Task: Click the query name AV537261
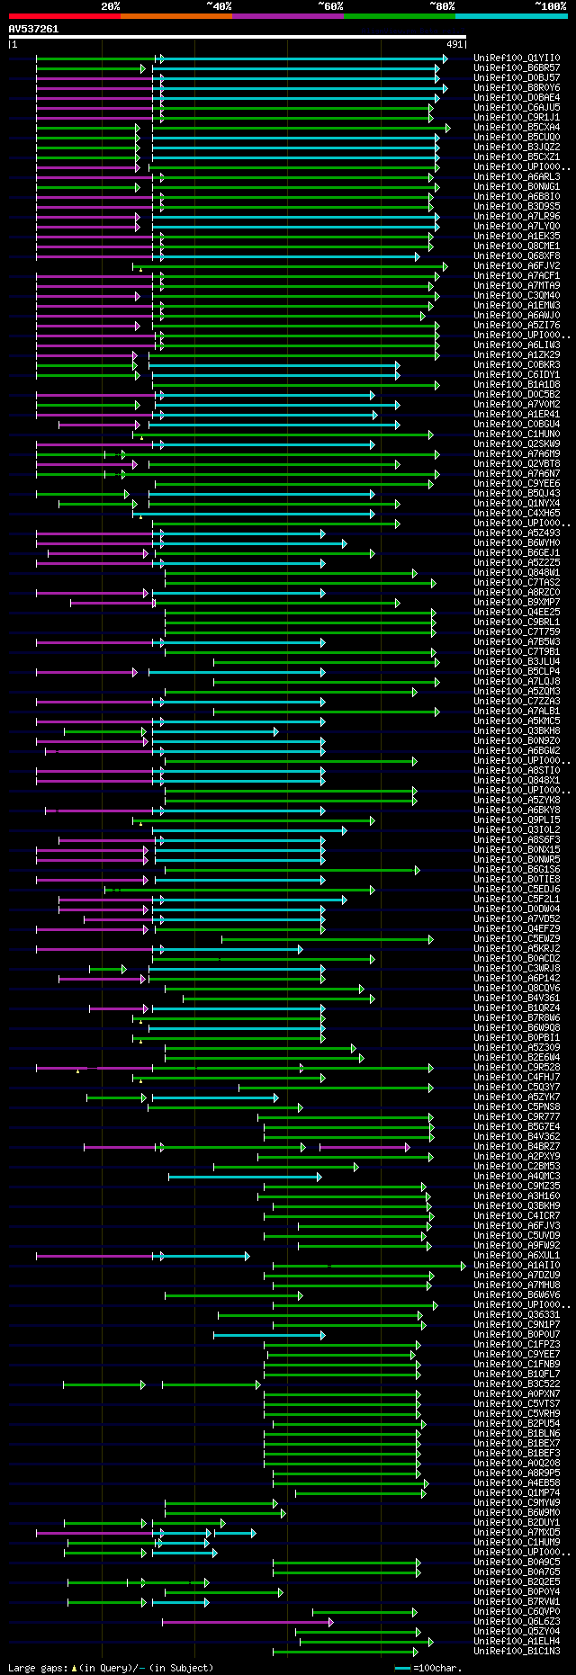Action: tap(33, 29)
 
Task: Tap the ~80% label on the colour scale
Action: tap(441, 5)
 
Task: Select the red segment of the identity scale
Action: tap(64, 16)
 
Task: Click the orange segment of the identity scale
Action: tap(175, 16)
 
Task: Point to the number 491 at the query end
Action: tap(454, 44)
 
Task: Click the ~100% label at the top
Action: tap(550, 5)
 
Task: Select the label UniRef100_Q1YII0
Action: tap(517, 58)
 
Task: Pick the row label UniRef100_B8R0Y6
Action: tap(517, 88)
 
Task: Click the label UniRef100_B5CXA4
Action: tap(517, 128)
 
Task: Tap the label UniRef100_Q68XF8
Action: tap(517, 256)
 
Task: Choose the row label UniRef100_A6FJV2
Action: tap(517, 266)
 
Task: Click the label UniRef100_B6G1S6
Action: tap(517, 870)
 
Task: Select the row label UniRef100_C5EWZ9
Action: tap(517, 939)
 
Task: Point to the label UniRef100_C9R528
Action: tap(517, 1068)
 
